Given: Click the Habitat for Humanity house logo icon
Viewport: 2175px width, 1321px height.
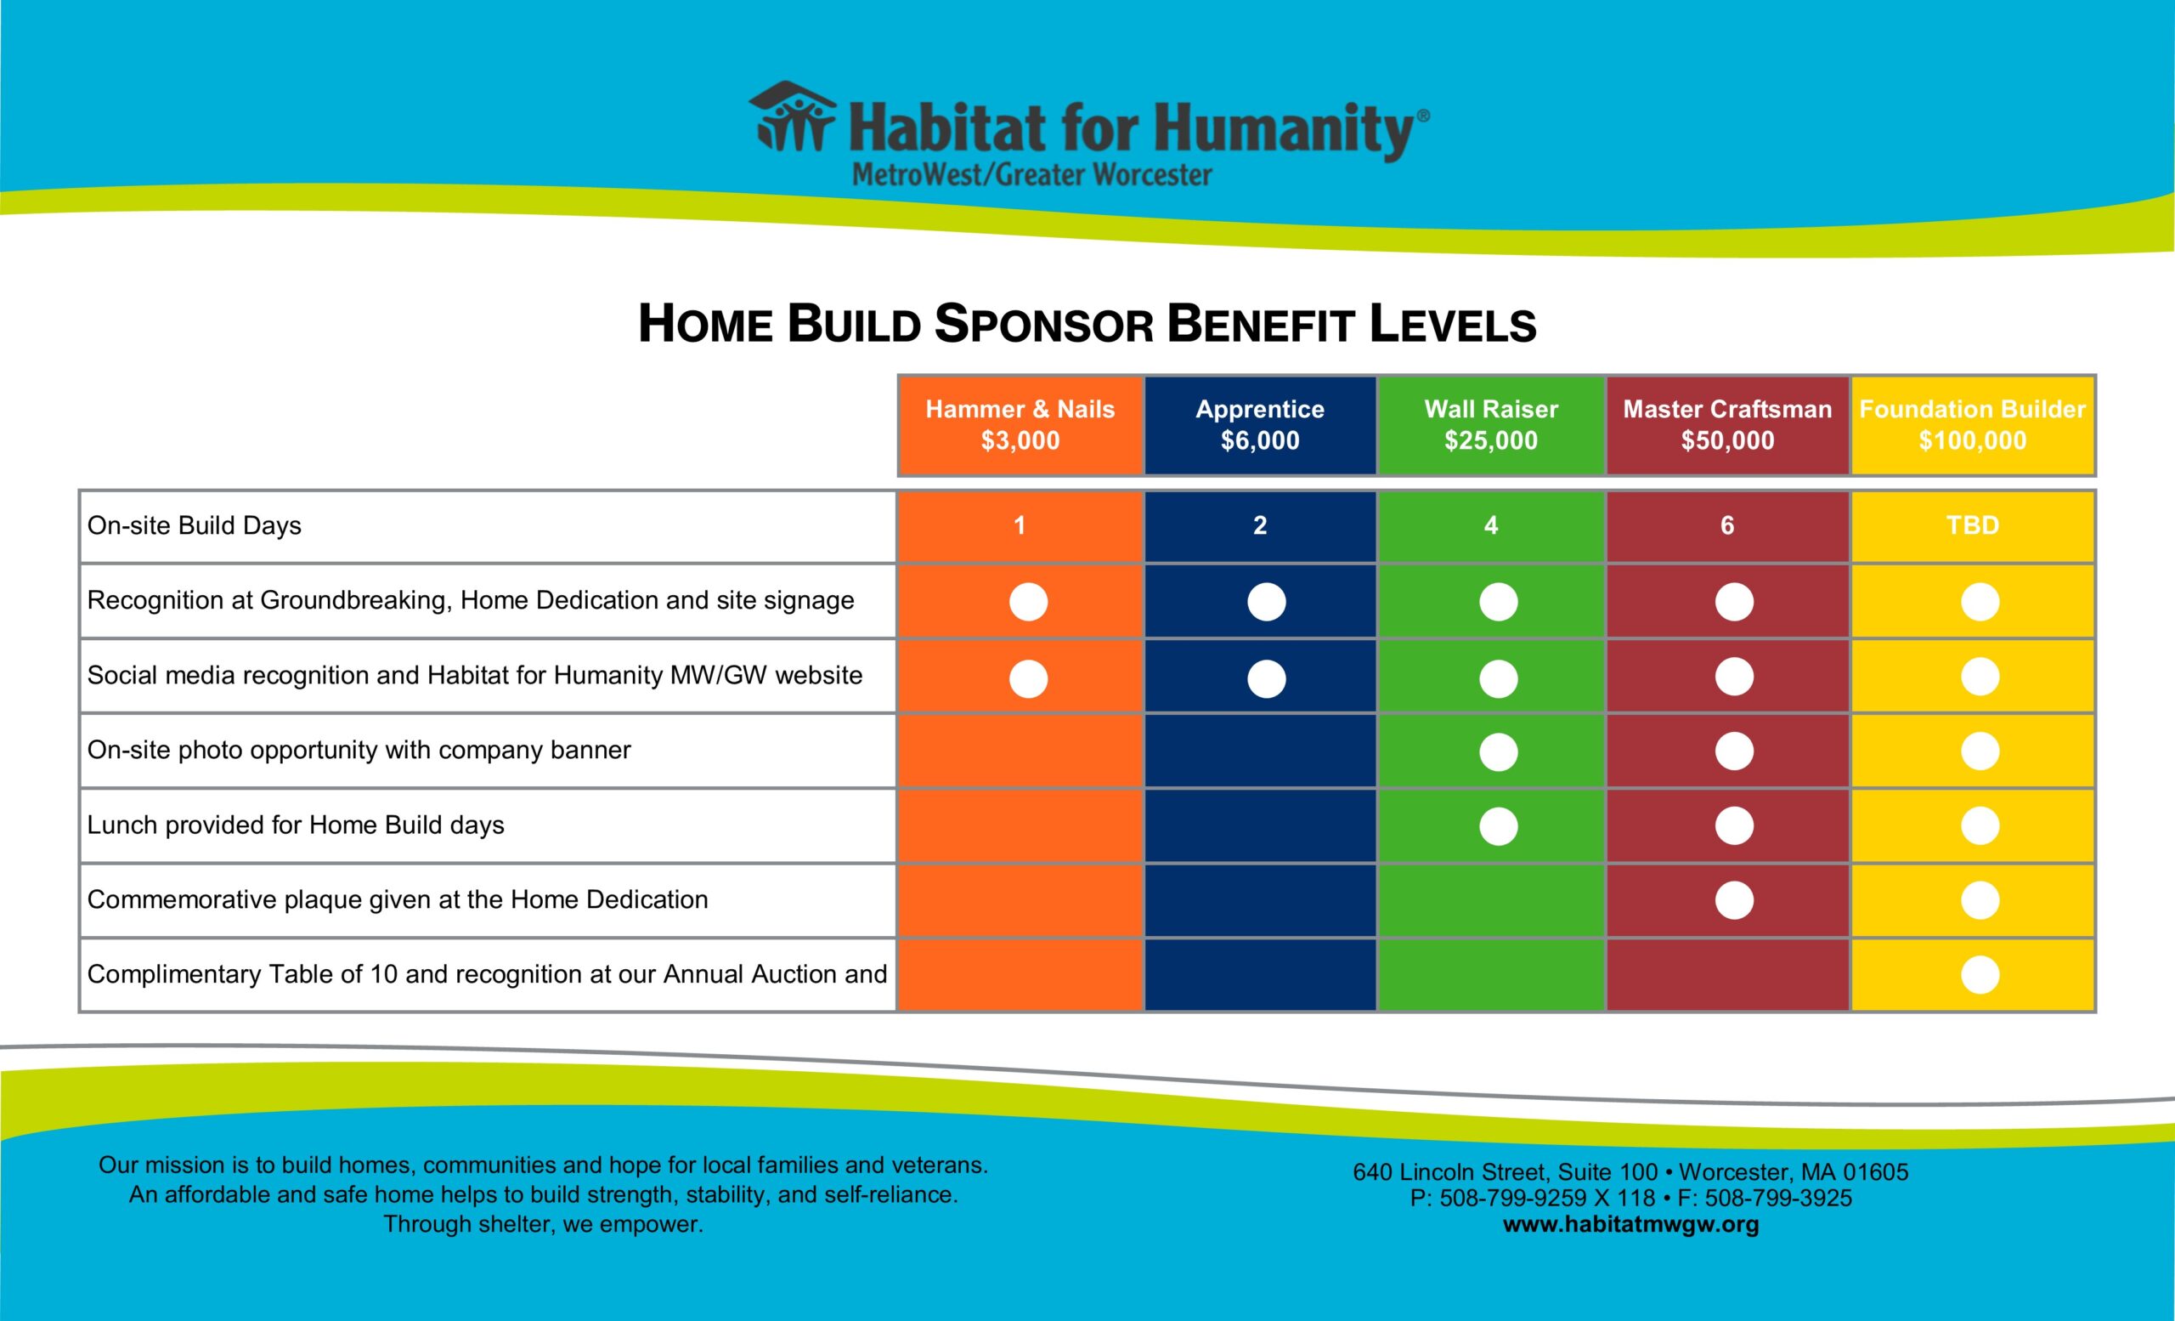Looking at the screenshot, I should coord(792,116).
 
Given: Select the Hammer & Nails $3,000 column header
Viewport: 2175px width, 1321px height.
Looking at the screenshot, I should coord(1020,425).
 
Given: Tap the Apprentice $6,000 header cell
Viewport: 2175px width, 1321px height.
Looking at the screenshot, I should coord(1260,425).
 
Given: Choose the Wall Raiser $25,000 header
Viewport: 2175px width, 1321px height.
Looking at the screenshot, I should coord(1491,425).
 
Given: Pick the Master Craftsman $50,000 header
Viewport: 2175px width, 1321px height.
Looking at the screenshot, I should coord(1727,425).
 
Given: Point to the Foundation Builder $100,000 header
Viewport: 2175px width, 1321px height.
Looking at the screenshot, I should coord(1972,425).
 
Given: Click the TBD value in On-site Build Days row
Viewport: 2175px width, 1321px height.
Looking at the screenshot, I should coord(1972,525).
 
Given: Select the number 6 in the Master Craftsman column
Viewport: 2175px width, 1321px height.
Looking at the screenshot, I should coord(1727,525).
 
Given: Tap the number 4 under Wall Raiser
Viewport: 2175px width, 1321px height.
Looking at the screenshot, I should coord(1491,525).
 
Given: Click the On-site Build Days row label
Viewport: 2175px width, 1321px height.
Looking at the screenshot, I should coord(195,525).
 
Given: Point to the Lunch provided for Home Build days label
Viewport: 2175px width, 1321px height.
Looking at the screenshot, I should coord(296,825).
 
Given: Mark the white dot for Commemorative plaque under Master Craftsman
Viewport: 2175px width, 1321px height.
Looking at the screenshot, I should coord(1734,901).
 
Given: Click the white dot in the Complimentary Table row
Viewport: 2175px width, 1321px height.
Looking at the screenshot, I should coord(1980,975).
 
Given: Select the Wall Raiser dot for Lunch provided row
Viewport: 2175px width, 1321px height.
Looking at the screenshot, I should coord(1498,826).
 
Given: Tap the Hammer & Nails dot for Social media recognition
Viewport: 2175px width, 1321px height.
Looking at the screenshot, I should coord(1028,679).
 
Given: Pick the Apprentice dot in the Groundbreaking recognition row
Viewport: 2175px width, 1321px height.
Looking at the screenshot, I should coord(1266,602).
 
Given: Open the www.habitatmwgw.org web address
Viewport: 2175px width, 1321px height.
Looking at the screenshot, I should coord(1630,1225).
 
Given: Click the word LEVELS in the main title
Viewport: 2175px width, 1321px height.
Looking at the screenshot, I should coord(1452,325).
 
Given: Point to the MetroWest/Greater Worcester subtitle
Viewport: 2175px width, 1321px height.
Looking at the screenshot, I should coord(1031,175).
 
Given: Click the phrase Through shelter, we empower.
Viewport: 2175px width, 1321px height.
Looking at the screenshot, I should coord(543,1225).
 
